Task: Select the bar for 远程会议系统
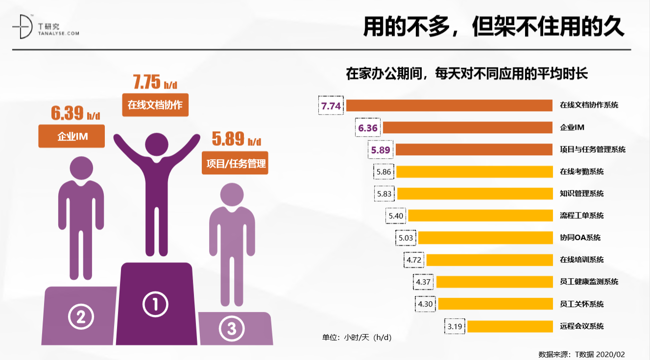[510, 326]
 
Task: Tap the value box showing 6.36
[368, 128]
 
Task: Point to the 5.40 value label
[396, 216]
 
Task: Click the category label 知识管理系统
[581, 193]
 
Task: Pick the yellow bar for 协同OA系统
[485, 238]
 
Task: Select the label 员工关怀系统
[581, 304]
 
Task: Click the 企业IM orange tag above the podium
[72, 136]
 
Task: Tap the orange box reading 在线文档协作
[155, 105]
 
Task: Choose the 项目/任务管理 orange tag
[235, 163]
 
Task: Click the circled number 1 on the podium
[155, 305]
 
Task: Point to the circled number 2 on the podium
[81, 317]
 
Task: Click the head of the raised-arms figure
[157, 145]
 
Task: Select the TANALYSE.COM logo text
[58, 33]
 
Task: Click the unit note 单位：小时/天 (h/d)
[357, 337]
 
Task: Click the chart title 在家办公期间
[466, 74]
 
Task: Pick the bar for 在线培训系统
[489, 260]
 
